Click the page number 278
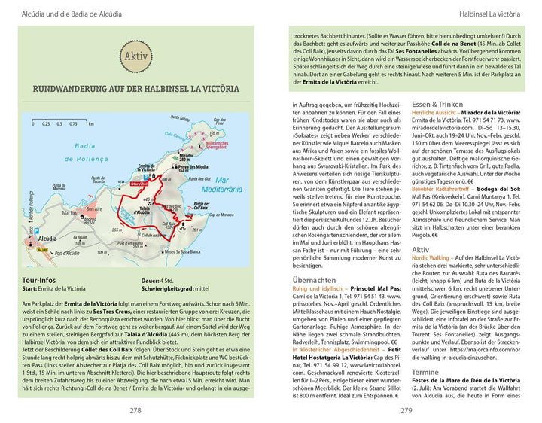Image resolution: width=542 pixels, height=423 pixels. [135, 411]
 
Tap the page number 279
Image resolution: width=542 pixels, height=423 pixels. [406, 411]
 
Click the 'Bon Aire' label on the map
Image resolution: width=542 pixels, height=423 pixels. [93, 210]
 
